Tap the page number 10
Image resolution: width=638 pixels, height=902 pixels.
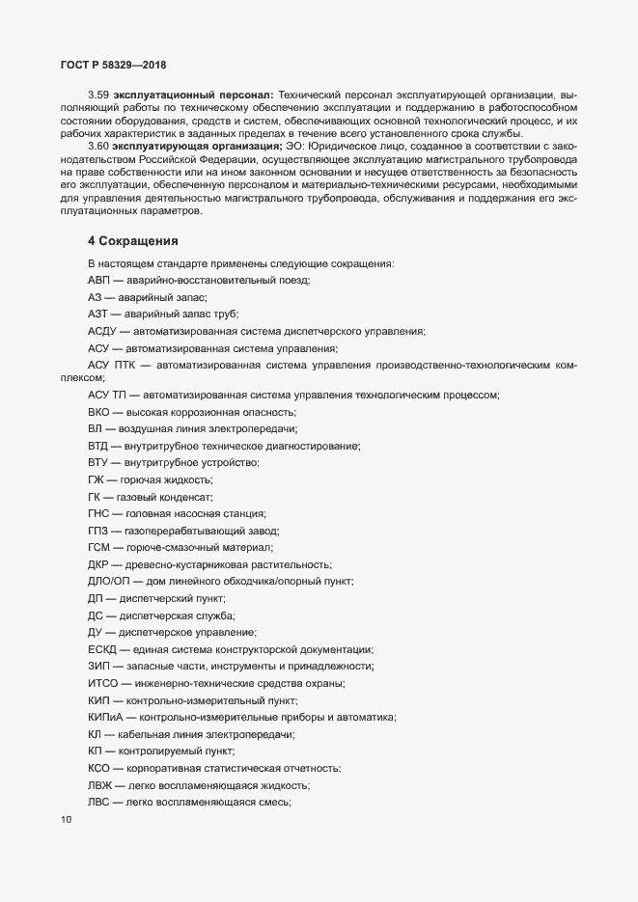pos(66,821)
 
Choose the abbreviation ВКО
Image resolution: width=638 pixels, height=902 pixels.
pos(100,412)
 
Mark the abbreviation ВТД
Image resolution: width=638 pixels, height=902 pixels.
pos(99,446)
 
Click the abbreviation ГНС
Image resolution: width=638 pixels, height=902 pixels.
pos(99,513)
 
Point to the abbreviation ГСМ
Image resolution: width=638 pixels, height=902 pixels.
pos(100,547)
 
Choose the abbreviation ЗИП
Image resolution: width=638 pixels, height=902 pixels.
pos(100,667)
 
